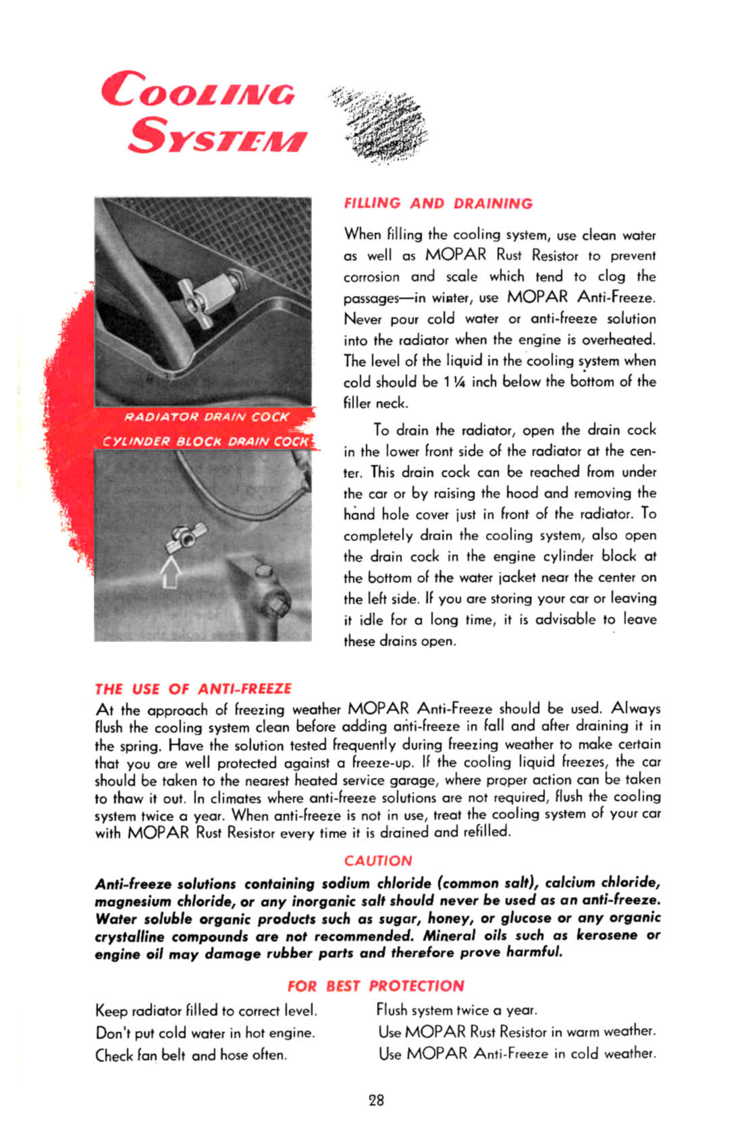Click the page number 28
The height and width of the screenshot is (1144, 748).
(x=376, y=1100)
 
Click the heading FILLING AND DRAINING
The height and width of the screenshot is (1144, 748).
(x=438, y=203)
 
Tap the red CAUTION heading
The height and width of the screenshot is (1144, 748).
(x=377, y=861)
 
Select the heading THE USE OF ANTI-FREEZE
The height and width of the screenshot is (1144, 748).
(x=193, y=688)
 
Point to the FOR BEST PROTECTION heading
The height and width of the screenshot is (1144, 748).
(x=375, y=985)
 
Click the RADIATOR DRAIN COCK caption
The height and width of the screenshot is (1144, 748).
(x=206, y=417)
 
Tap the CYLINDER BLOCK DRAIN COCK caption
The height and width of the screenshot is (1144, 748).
(x=205, y=441)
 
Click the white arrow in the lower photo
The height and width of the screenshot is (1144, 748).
(x=171, y=571)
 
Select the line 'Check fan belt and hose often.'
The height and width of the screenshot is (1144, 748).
(x=191, y=1054)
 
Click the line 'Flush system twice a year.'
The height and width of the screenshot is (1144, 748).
(x=456, y=1010)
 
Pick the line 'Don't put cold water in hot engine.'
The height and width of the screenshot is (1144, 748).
(x=205, y=1033)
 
